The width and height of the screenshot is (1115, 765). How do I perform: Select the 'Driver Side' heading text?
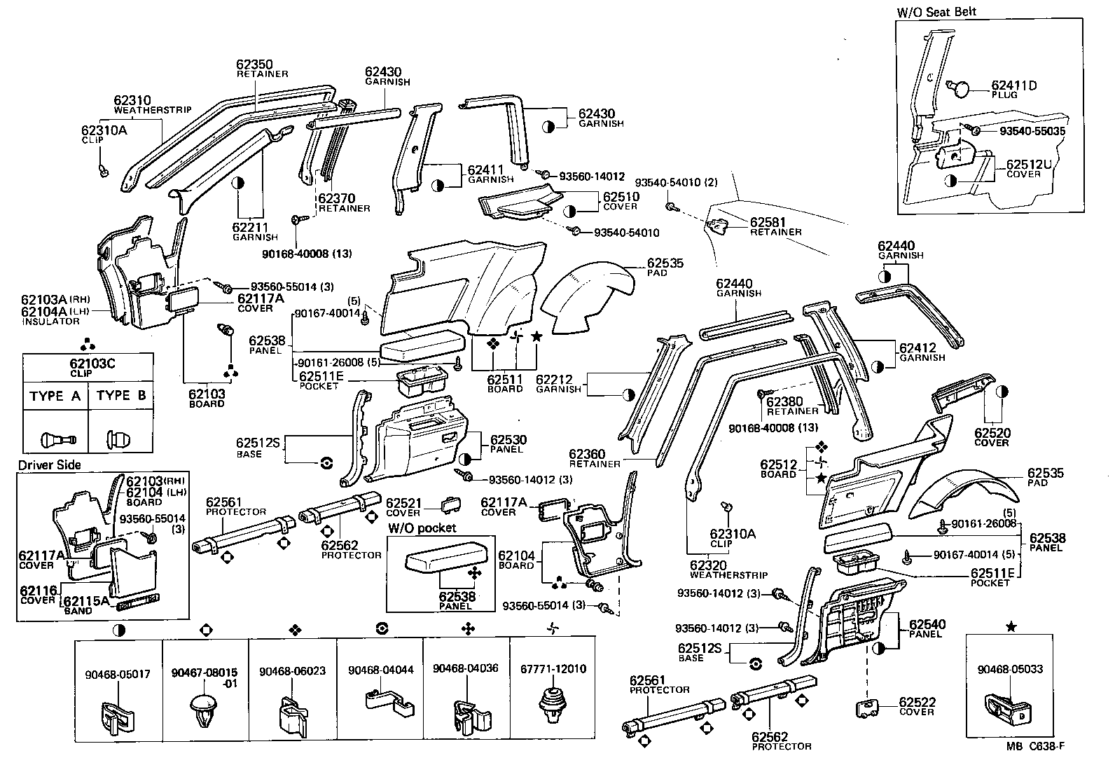[49, 465]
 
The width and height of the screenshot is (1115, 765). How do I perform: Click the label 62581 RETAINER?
[768, 226]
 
